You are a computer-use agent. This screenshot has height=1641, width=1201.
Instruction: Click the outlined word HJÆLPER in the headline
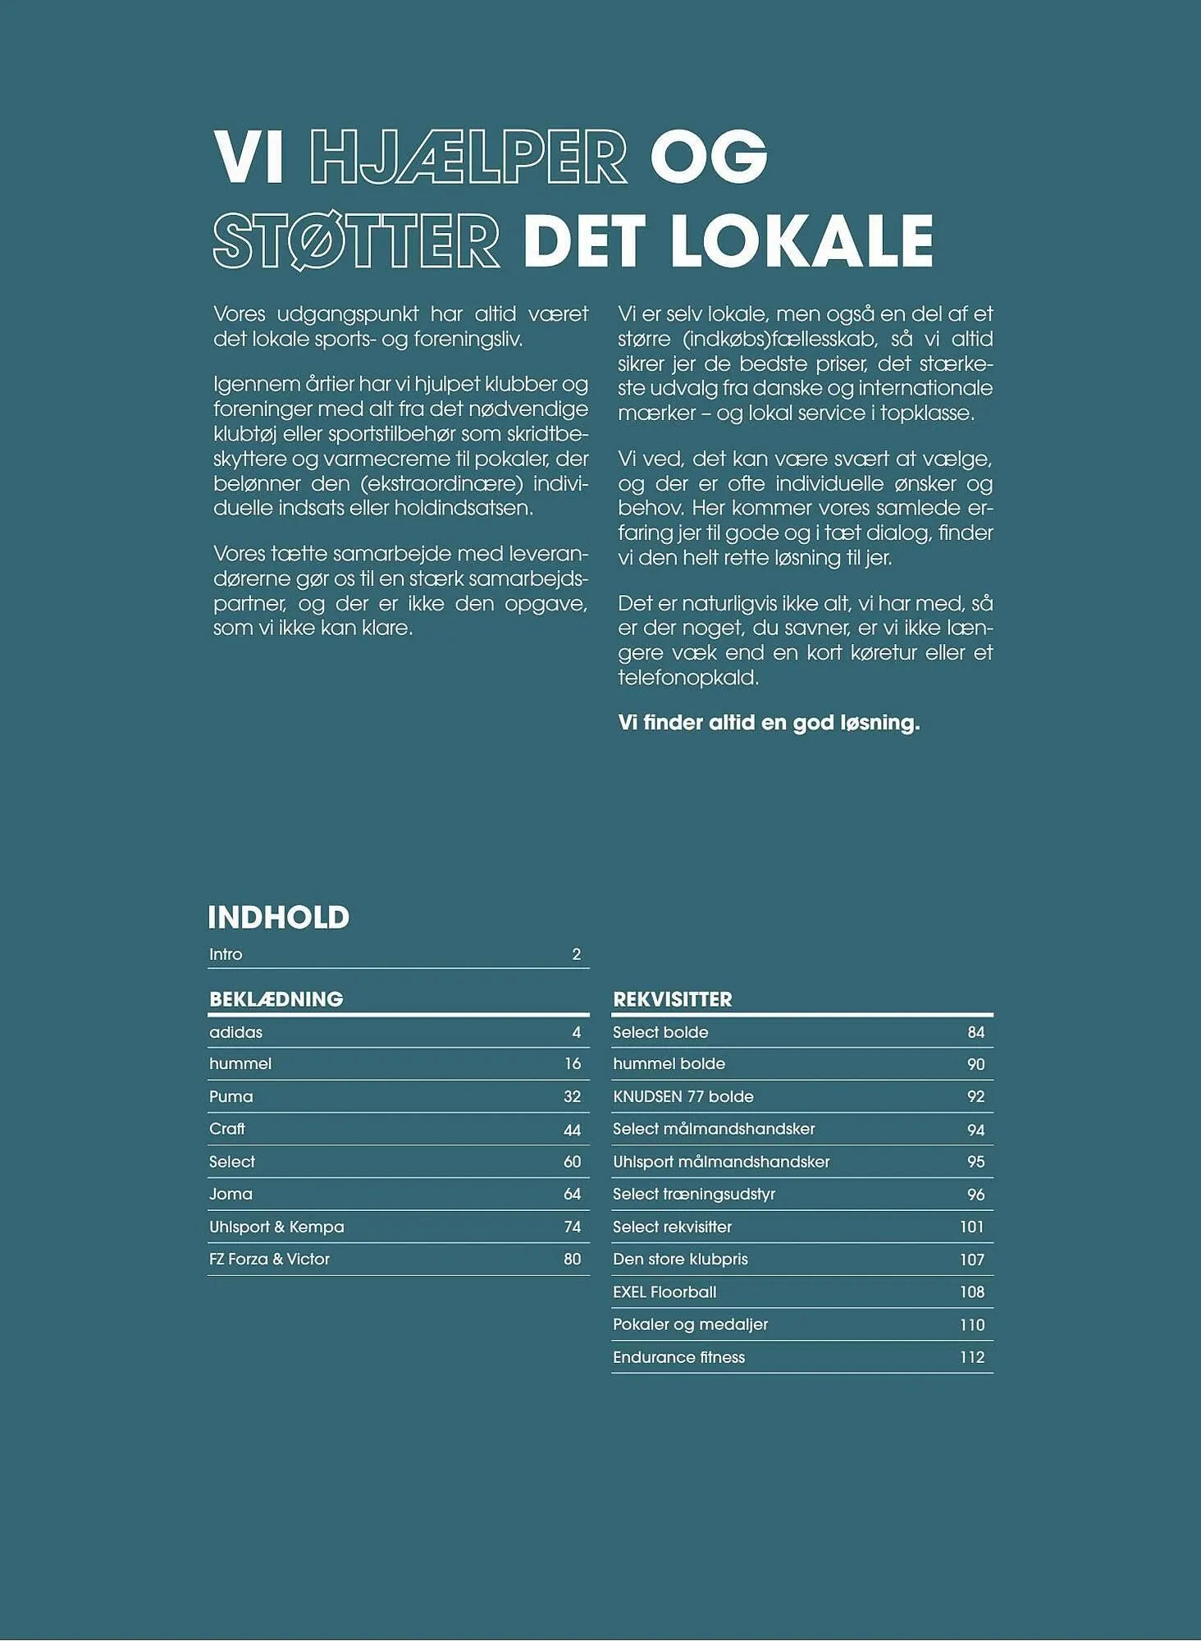coord(468,156)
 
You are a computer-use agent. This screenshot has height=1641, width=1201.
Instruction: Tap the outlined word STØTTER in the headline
coord(356,240)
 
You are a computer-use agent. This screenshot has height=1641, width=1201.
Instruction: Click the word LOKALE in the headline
coord(801,240)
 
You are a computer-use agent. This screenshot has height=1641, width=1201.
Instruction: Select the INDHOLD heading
coord(278,917)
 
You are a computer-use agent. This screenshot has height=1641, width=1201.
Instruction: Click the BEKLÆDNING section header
coord(276,999)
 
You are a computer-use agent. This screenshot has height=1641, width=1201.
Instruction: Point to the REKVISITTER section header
coord(672,999)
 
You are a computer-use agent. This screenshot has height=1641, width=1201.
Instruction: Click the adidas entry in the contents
coord(235,1032)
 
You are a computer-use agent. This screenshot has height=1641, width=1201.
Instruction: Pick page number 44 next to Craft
coord(572,1130)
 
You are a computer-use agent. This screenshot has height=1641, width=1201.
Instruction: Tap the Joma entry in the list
coord(231,1194)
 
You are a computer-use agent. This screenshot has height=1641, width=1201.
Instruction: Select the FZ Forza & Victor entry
coord(269,1259)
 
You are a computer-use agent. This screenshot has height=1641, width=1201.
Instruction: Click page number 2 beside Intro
coord(576,954)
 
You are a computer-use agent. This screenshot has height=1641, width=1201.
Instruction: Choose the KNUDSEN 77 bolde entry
coord(683,1096)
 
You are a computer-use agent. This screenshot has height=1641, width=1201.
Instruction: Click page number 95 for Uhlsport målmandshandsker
coord(975,1162)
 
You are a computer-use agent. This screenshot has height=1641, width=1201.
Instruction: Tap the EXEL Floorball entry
coord(664,1291)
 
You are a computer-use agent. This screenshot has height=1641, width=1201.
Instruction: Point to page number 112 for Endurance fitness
coord(971,1357)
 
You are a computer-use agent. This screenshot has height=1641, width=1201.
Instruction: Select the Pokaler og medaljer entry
coord(690,1324)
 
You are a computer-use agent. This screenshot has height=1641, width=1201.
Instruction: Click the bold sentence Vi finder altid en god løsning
coord(768,722)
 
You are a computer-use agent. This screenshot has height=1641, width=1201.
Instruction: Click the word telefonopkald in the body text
coord(687,677)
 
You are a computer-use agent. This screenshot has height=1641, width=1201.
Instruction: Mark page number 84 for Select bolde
coord(975,1032)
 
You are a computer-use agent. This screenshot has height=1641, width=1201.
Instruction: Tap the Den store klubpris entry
coord(680,1259)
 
